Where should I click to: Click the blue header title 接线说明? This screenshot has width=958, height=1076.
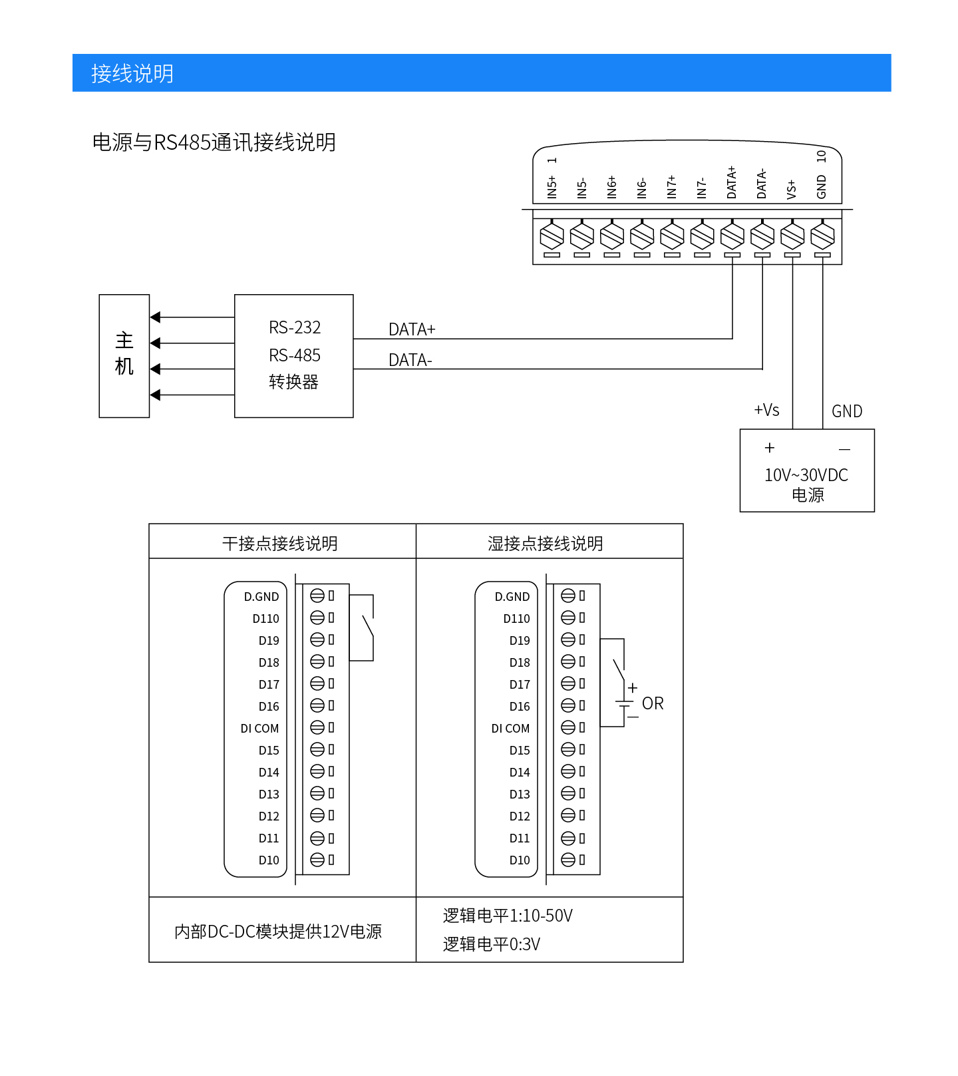tap(132, 73)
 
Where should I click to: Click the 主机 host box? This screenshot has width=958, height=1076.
tap(124, 355)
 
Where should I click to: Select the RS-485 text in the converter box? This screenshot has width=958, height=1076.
tap(295, 355)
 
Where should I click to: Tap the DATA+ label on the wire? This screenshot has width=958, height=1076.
tap(412, 329)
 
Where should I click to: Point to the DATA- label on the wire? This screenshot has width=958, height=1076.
tap(410, 360)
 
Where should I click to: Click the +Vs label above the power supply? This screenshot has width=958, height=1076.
tap(766, 410)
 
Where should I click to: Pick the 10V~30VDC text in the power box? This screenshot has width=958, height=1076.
tap(806, 475)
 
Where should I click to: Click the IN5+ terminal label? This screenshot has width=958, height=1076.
tap(552, 187)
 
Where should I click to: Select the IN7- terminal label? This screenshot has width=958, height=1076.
tap(702, 188)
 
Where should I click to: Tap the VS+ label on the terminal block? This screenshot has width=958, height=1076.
tap(792, 189)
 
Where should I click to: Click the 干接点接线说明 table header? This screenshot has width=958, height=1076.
tap(280, 544)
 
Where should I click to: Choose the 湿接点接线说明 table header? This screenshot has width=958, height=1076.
tap(546, 544)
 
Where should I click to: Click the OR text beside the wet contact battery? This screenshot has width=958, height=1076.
tap(653, 703)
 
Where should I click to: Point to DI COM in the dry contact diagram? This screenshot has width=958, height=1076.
tap(259, 729)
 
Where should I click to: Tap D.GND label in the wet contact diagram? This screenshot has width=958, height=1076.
tap(512, 597)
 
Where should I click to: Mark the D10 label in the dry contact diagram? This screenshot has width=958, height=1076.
tap(269, 860)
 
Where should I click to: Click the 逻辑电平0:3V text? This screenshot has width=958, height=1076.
tap(492, 944)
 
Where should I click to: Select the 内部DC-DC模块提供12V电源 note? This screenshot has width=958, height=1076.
tap(278, 932)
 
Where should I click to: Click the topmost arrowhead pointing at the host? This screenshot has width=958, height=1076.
tap(156, 317)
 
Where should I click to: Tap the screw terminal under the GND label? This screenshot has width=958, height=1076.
tap(822, 236)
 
